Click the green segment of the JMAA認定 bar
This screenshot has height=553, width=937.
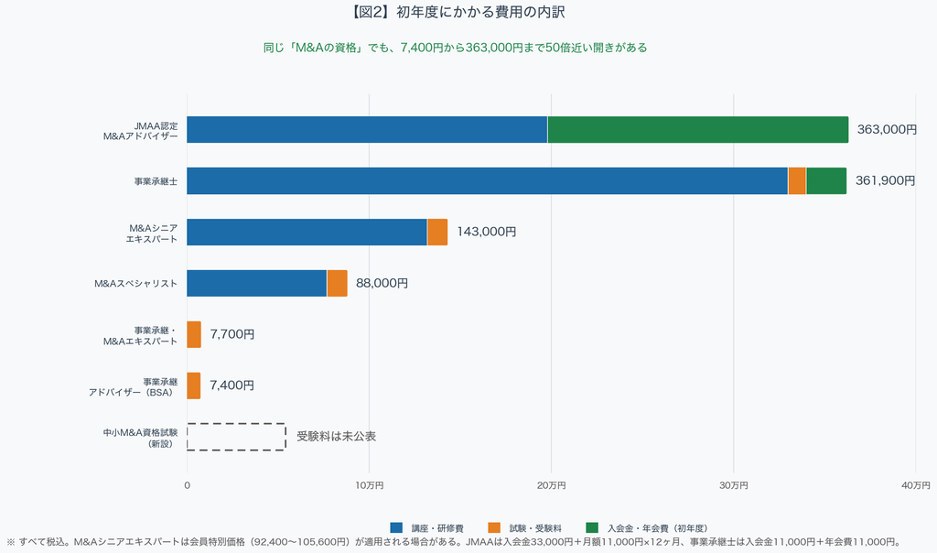[x=698, y=130]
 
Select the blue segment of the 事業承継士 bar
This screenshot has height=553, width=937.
[x=488, y=180]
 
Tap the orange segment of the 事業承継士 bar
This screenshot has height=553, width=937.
[x=797, y=180]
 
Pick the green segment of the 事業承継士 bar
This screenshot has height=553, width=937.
[x=826, y=180]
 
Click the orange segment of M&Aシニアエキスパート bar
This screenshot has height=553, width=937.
[x=437, y=232]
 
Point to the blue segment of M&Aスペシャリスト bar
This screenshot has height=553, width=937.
[x=257, y=284]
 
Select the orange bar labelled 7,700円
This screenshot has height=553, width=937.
[x=194, y=334]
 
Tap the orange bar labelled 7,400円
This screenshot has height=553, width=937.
[x=194, y=385]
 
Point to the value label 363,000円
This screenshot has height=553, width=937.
[x=887, y=130]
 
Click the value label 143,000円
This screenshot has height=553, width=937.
[x=487, y=232]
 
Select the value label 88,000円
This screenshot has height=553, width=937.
[x=382, y=284]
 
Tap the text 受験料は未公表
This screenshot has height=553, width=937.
[x=337, y=437]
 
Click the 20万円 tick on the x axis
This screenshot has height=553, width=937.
[x=551, y=485]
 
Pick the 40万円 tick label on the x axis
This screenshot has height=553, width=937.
[x=915, y=485]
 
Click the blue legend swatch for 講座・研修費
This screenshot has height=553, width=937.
[x=396, y=528]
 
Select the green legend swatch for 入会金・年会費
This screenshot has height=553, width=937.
[x=592, y=528]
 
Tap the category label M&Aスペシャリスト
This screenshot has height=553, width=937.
[x=135, y=284]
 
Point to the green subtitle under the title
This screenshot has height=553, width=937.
[x=456, y=48]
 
